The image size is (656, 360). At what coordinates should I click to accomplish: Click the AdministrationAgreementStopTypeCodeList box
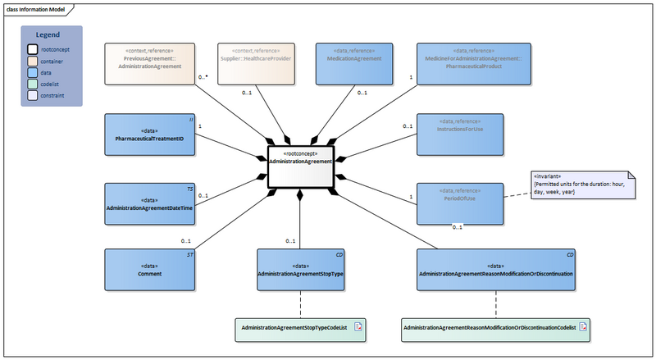(300, 328)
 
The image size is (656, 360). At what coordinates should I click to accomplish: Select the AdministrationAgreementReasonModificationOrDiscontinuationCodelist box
(495, 329)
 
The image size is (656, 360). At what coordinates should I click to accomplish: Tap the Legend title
(52, 35)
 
